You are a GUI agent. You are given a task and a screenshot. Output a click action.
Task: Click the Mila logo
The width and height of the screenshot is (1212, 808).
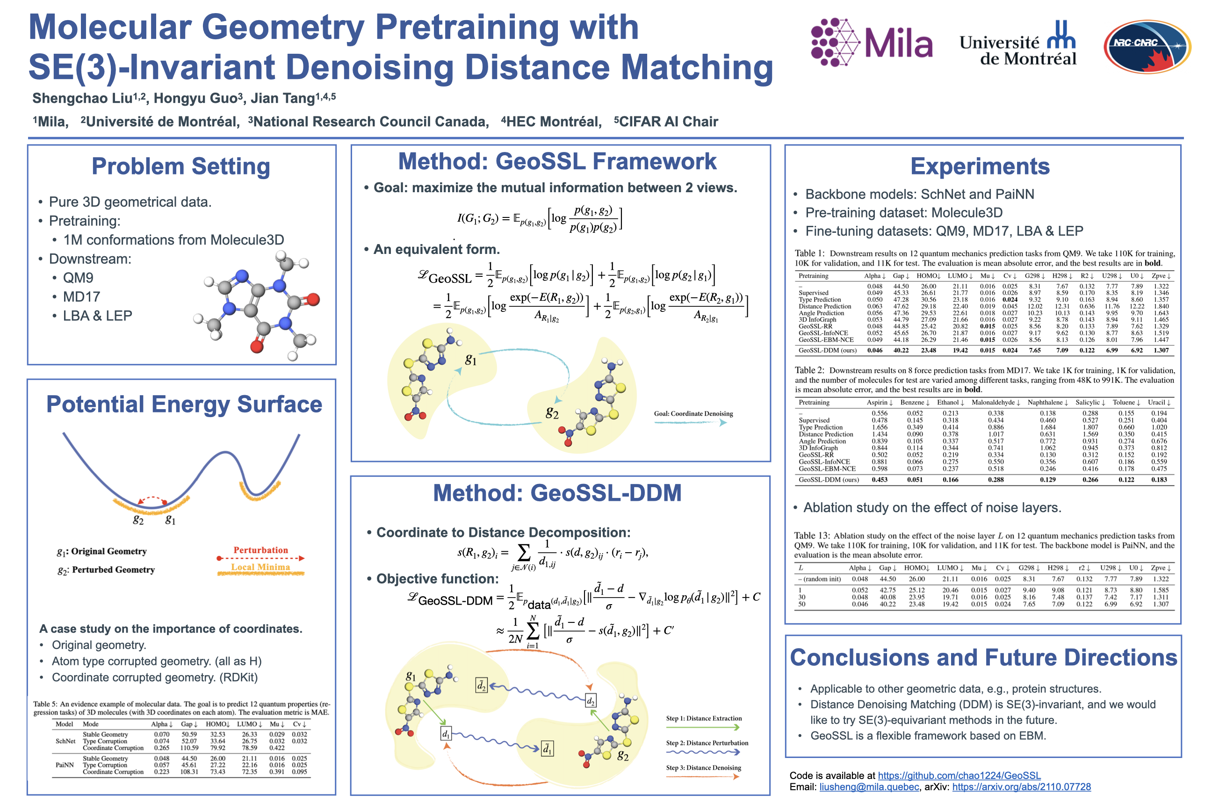(872, 42)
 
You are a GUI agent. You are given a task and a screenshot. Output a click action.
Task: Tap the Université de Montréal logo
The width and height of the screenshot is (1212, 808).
(1018, 44)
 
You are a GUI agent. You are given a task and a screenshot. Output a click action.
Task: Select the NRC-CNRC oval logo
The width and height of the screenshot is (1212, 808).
(1147, 46)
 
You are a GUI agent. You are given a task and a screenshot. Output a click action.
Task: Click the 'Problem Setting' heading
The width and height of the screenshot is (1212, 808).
(181, 166)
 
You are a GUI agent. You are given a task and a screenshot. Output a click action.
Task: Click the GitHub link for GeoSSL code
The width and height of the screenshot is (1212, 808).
(959, 776)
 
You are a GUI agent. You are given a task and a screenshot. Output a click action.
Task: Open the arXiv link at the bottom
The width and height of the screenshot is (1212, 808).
(1021, 787)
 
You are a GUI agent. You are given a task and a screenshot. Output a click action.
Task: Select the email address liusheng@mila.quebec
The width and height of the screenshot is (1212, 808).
(869, 787)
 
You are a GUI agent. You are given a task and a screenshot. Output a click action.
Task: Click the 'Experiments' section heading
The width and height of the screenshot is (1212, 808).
(980, 166)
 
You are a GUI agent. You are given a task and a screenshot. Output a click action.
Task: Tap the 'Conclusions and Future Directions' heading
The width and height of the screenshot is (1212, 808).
(983, 657)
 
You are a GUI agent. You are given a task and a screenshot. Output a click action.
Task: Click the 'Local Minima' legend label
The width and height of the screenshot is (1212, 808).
(260, 567)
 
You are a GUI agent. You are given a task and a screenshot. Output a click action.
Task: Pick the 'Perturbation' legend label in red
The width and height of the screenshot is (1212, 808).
(261, 550)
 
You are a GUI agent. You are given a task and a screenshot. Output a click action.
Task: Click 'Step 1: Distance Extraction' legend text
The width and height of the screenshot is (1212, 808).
(704, 718)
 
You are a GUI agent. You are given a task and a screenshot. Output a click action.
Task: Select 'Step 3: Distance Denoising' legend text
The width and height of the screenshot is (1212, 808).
(703, 768)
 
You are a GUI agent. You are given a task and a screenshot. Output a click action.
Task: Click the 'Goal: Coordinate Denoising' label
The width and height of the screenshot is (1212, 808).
(693, 414)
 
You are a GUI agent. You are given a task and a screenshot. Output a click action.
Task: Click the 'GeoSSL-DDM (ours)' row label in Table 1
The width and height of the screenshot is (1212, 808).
(828, 350)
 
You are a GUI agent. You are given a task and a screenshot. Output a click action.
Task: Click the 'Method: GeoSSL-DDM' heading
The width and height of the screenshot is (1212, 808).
(557, 493)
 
